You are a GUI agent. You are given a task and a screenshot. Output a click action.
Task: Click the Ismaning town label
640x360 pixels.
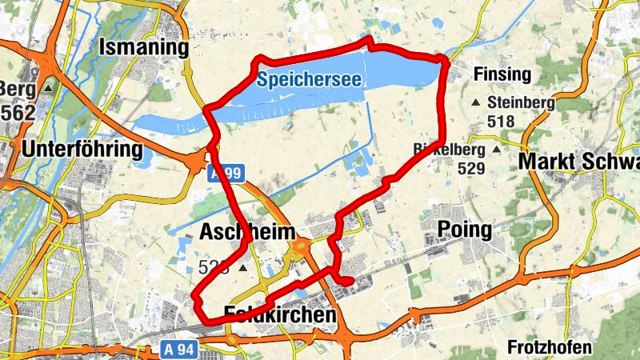143,49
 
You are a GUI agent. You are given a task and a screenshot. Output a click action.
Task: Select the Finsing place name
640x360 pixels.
502,75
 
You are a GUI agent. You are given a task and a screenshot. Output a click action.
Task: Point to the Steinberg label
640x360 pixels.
521,102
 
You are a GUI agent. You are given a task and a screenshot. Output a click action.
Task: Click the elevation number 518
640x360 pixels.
501,122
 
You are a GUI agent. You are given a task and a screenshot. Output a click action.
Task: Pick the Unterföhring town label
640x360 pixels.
82,150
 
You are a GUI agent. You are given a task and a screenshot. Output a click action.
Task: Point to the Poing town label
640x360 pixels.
465,230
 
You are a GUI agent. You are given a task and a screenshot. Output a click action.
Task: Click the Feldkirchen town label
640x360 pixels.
280,315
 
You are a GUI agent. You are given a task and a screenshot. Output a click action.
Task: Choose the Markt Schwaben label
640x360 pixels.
578,161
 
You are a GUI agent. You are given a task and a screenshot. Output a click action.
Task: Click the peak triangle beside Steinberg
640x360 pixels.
478,102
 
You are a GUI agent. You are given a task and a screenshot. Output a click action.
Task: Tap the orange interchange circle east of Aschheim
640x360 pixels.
302,248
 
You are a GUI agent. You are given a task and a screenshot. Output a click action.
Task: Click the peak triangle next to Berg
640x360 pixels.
49,88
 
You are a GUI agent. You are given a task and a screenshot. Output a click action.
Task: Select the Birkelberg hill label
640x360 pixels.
450,150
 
